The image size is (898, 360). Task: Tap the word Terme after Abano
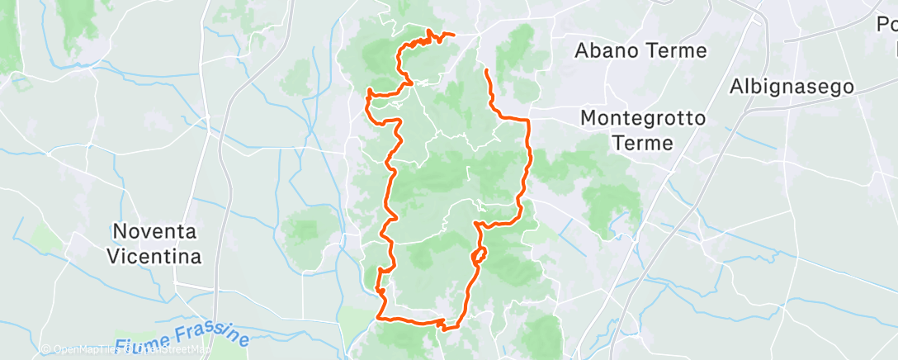pyautogui.click(x=677, y=51)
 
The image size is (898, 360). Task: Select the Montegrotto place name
pyautogui.click(x=643, y=118)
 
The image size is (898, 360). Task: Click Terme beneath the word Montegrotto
pyautogui.click(x=643, y=143)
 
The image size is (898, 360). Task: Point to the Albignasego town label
pyautogui.click(x=791, y=87)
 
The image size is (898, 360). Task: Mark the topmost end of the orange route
pyautogui.click(x=453, y=35)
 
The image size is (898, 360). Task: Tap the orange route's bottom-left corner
pyautogui.click(x=379, y=316)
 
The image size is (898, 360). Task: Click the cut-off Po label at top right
pyautogui.click(x=887, y=25)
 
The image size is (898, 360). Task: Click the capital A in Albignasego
pyautogui.click(x=737, y=86)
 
